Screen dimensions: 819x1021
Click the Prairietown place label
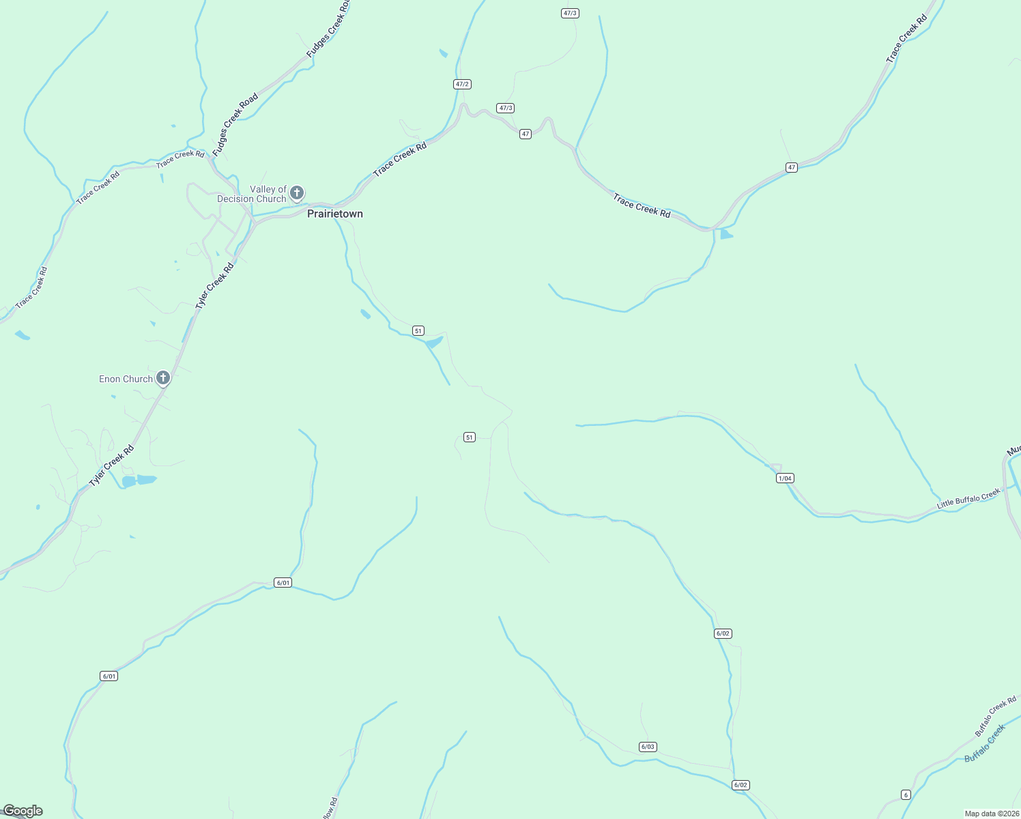pyautogui.click(x=334, y=214)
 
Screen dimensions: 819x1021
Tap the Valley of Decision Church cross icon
pyautogui.click(x=296, y=192)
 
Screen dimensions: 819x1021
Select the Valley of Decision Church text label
pyautogui.click(x=252, y=195)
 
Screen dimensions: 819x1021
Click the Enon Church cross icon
pyautogui.click(x=162, y=377)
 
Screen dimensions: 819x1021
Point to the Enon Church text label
pyautogui.click(x=126, y=379)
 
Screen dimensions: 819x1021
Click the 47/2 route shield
pyautogui.click(x=462, y=84)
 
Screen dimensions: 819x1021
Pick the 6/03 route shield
pyautogui.click(x=648, y=747)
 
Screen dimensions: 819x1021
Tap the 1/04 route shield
pyautogui.click(x=785, y=478)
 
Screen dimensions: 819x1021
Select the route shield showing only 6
pyautogui.click(x=906, y=794)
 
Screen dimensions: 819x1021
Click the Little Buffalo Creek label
pyautogui.click(x=968, y=498)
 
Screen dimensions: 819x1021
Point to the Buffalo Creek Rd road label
pyautogui.click(x=995, y=716)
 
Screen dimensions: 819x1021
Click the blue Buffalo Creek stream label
pyautogui.click(x=985, y=743)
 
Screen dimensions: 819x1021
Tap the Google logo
pyautogui.click(x=23, y=811)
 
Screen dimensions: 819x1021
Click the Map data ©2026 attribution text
pyautogui.click(x=991, y=814)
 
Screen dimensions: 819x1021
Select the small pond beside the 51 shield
pyautogui.click(x=434, y=341)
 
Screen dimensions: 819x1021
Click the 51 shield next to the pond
pyautogui.click(x=418, y=330)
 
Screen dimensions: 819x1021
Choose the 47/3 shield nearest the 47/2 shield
pyautogui.click(x=505, y=108)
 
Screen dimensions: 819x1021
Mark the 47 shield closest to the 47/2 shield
pyautogui.click(x=525, y=134)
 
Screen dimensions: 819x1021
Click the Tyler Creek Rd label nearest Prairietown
pyautogui.click(x=214, y=286)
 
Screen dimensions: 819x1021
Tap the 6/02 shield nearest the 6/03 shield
pyautogui.click(x=740, y=785)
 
